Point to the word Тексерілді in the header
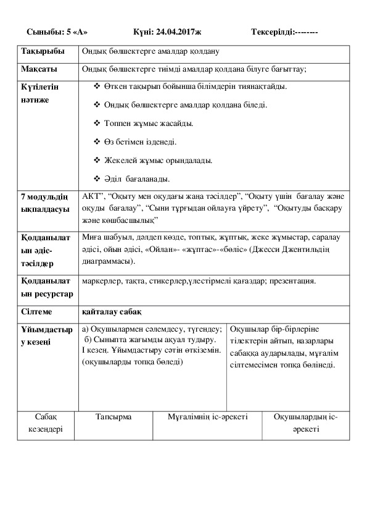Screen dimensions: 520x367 273,31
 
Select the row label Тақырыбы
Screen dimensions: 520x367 39,51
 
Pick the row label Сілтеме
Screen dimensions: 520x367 36,313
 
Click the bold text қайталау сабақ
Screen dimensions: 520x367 107,313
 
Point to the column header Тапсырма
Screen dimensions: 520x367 113,417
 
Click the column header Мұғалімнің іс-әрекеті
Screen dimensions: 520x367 207,417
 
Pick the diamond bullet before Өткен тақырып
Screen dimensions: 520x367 96,87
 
